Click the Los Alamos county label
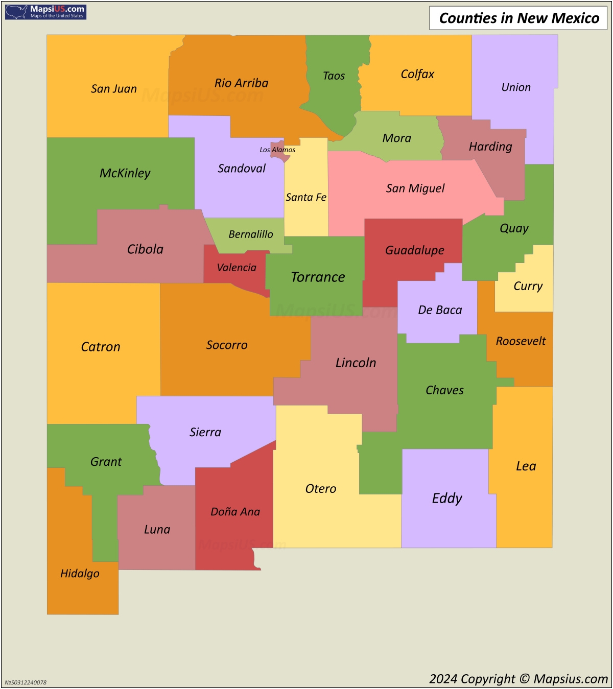(277, 150)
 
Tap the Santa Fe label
(306, 197)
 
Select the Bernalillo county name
(250, 234)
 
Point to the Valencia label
(237, 268)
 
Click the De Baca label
(440, 310)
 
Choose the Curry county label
(528, 286)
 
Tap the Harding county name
(490, 147)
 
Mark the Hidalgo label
(80, 574)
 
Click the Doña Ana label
(235, 512)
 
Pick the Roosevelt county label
(521, 341)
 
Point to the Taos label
(334, 76)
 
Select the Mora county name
(396, 138)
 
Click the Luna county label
(157, 530)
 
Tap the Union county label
(516, 87)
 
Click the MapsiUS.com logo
(45, 12)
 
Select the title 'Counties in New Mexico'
(518, 18)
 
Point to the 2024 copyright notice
(518, 679)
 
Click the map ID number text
(26, 682)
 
